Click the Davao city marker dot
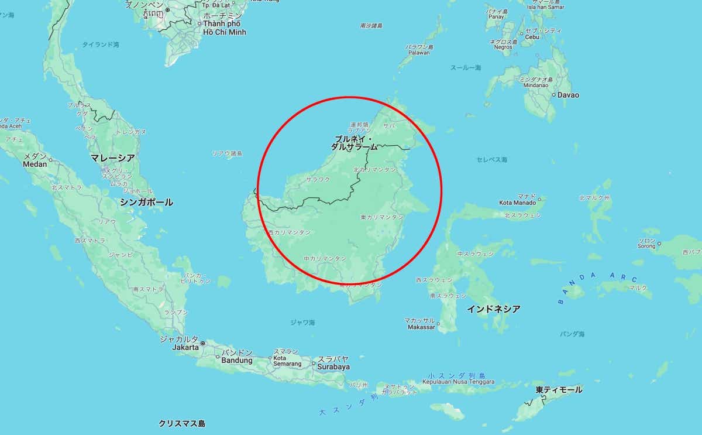(553, 94)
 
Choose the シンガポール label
(146, 202)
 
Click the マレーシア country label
(112, 158)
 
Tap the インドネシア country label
(493, 309)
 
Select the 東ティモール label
(559, 389)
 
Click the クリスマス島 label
(182, 423)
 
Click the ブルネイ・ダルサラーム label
(354, 143)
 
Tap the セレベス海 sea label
(491, 159)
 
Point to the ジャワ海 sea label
(302, 322)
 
